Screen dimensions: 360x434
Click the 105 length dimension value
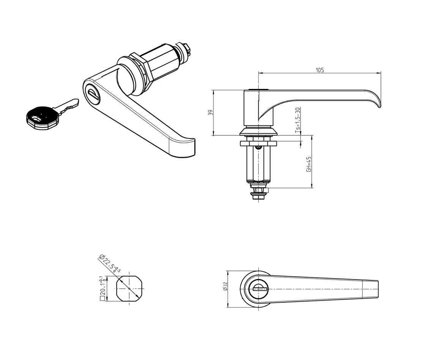pos(319,70)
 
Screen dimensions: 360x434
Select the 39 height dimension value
pos(210,112)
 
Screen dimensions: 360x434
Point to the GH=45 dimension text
pos(309,164)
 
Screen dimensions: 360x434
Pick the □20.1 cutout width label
pos(102,288)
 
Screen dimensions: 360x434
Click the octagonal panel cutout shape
pos(129,289)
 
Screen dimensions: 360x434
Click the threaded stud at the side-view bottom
pos(259,195)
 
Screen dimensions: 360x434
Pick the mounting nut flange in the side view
pos(259,143)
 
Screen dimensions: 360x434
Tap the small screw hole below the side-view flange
pos(259,147)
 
